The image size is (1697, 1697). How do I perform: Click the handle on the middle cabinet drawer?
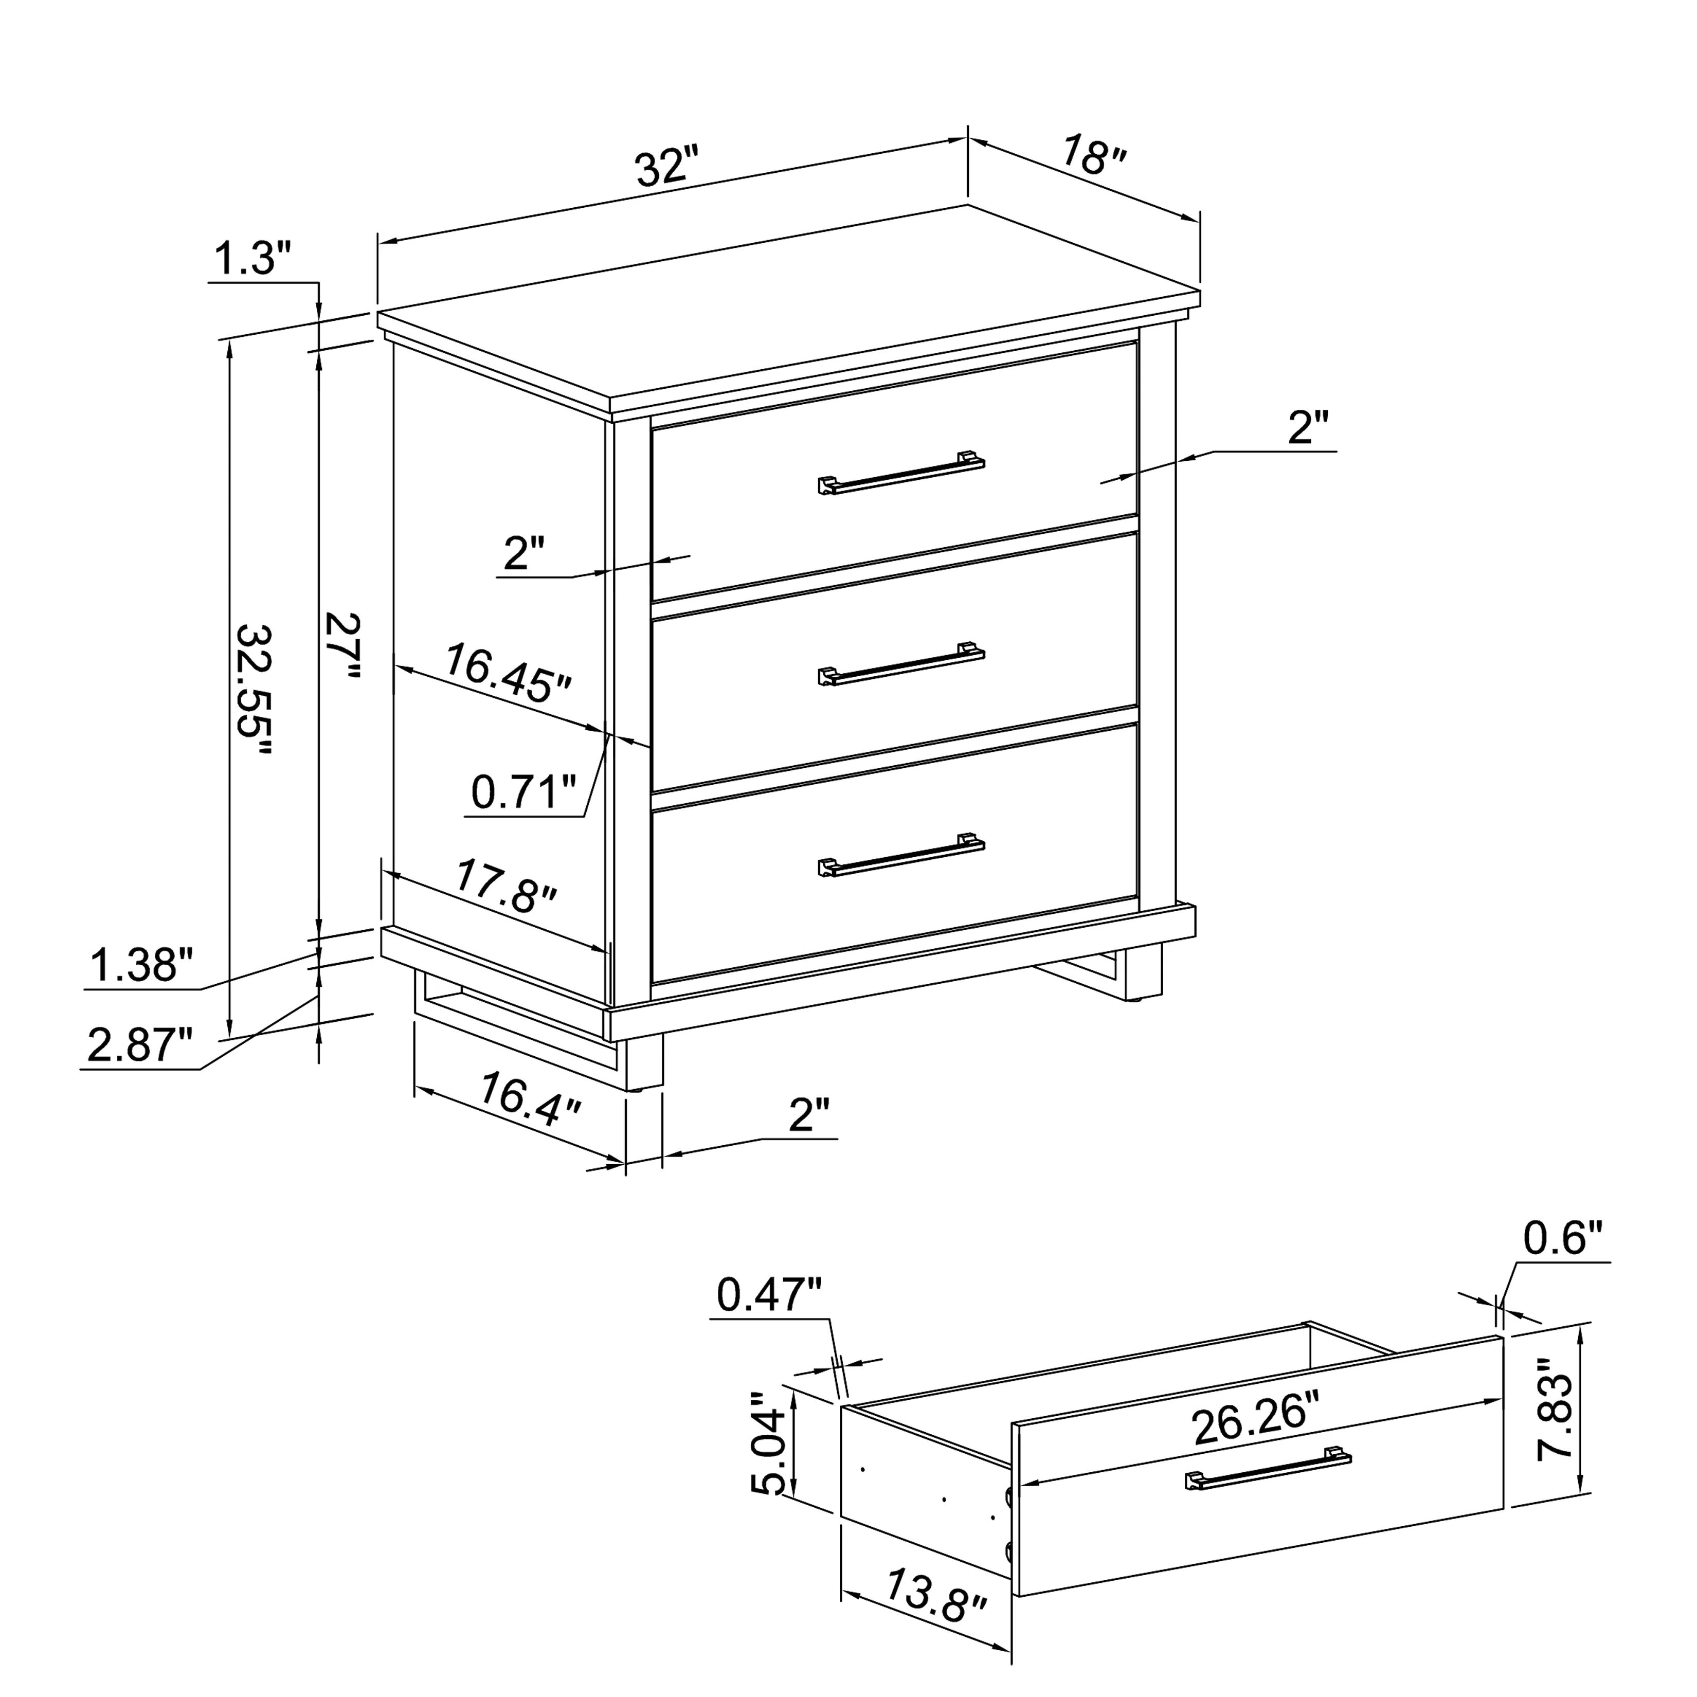pyautogui.click(x=901, y=664)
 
